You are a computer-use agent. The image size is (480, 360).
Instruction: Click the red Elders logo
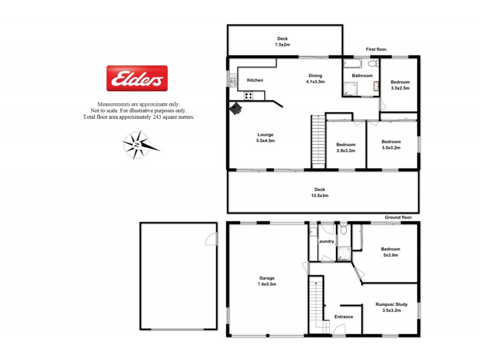tap(137, 78)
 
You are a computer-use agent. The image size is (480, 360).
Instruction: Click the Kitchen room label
tap(255, 80)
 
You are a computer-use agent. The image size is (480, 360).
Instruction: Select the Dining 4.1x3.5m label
tap(315, 79)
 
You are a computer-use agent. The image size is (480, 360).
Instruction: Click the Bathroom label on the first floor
tap(362, 76)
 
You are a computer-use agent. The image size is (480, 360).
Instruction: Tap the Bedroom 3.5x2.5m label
tap(400, 85)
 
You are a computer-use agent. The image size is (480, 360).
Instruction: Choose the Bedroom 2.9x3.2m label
tap(346, 148)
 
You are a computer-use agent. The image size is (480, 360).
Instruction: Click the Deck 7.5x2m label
tap(282, 42)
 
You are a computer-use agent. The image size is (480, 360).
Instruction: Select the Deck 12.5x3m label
tap(319, 193)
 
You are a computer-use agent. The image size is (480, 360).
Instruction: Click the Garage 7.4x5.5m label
tap(267, 281)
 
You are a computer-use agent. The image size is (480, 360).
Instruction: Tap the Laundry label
tap(326, 242)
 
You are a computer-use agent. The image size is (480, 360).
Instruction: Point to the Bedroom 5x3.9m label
tap(390, 252)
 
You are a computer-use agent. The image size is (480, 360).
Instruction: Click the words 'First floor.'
tap(377, 49)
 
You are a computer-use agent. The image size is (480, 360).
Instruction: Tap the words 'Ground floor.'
tap(398, 217)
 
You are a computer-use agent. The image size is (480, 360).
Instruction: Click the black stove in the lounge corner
tap(236, 107)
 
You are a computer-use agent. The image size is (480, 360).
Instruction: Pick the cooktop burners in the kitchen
tap(249, 95)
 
